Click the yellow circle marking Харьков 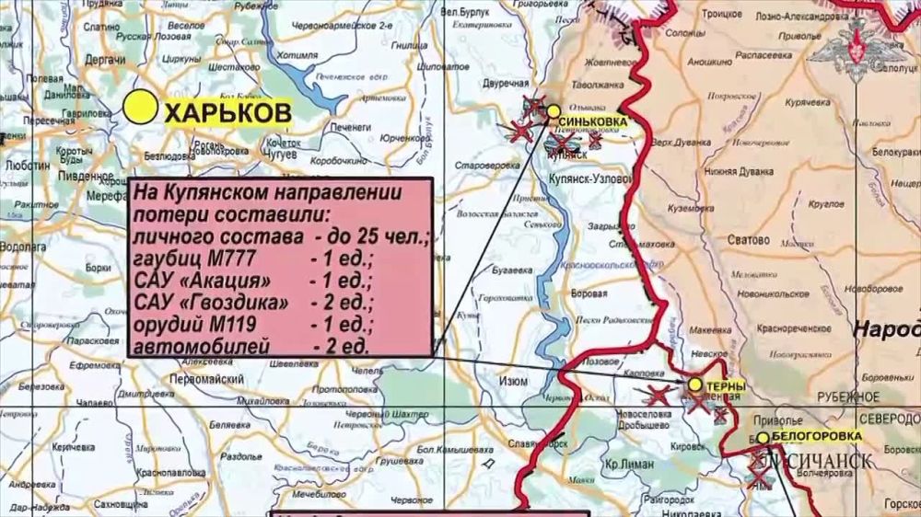(x=143, y=108)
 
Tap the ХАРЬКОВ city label (x=227, y=112)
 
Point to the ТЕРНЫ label (x=727, y=387)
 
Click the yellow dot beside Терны (x=695, y=385)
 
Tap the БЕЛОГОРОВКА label (x=818, y=436)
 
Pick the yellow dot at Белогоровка (x=763, y=438)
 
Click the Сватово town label (x=747, y=240)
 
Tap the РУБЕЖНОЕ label (x=845, y=396)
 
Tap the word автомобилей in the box (x=202, y=346)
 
